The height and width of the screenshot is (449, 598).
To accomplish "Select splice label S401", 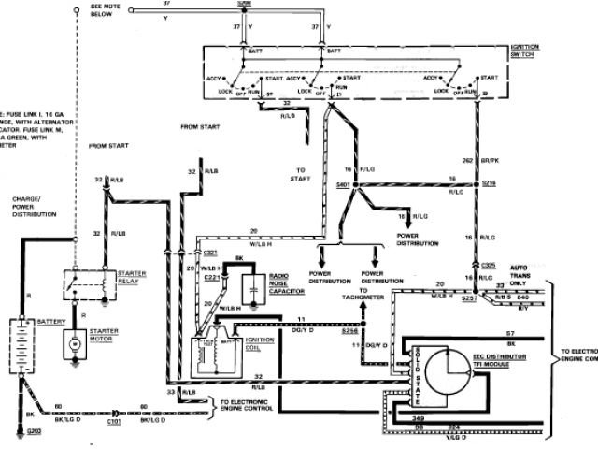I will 342,184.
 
